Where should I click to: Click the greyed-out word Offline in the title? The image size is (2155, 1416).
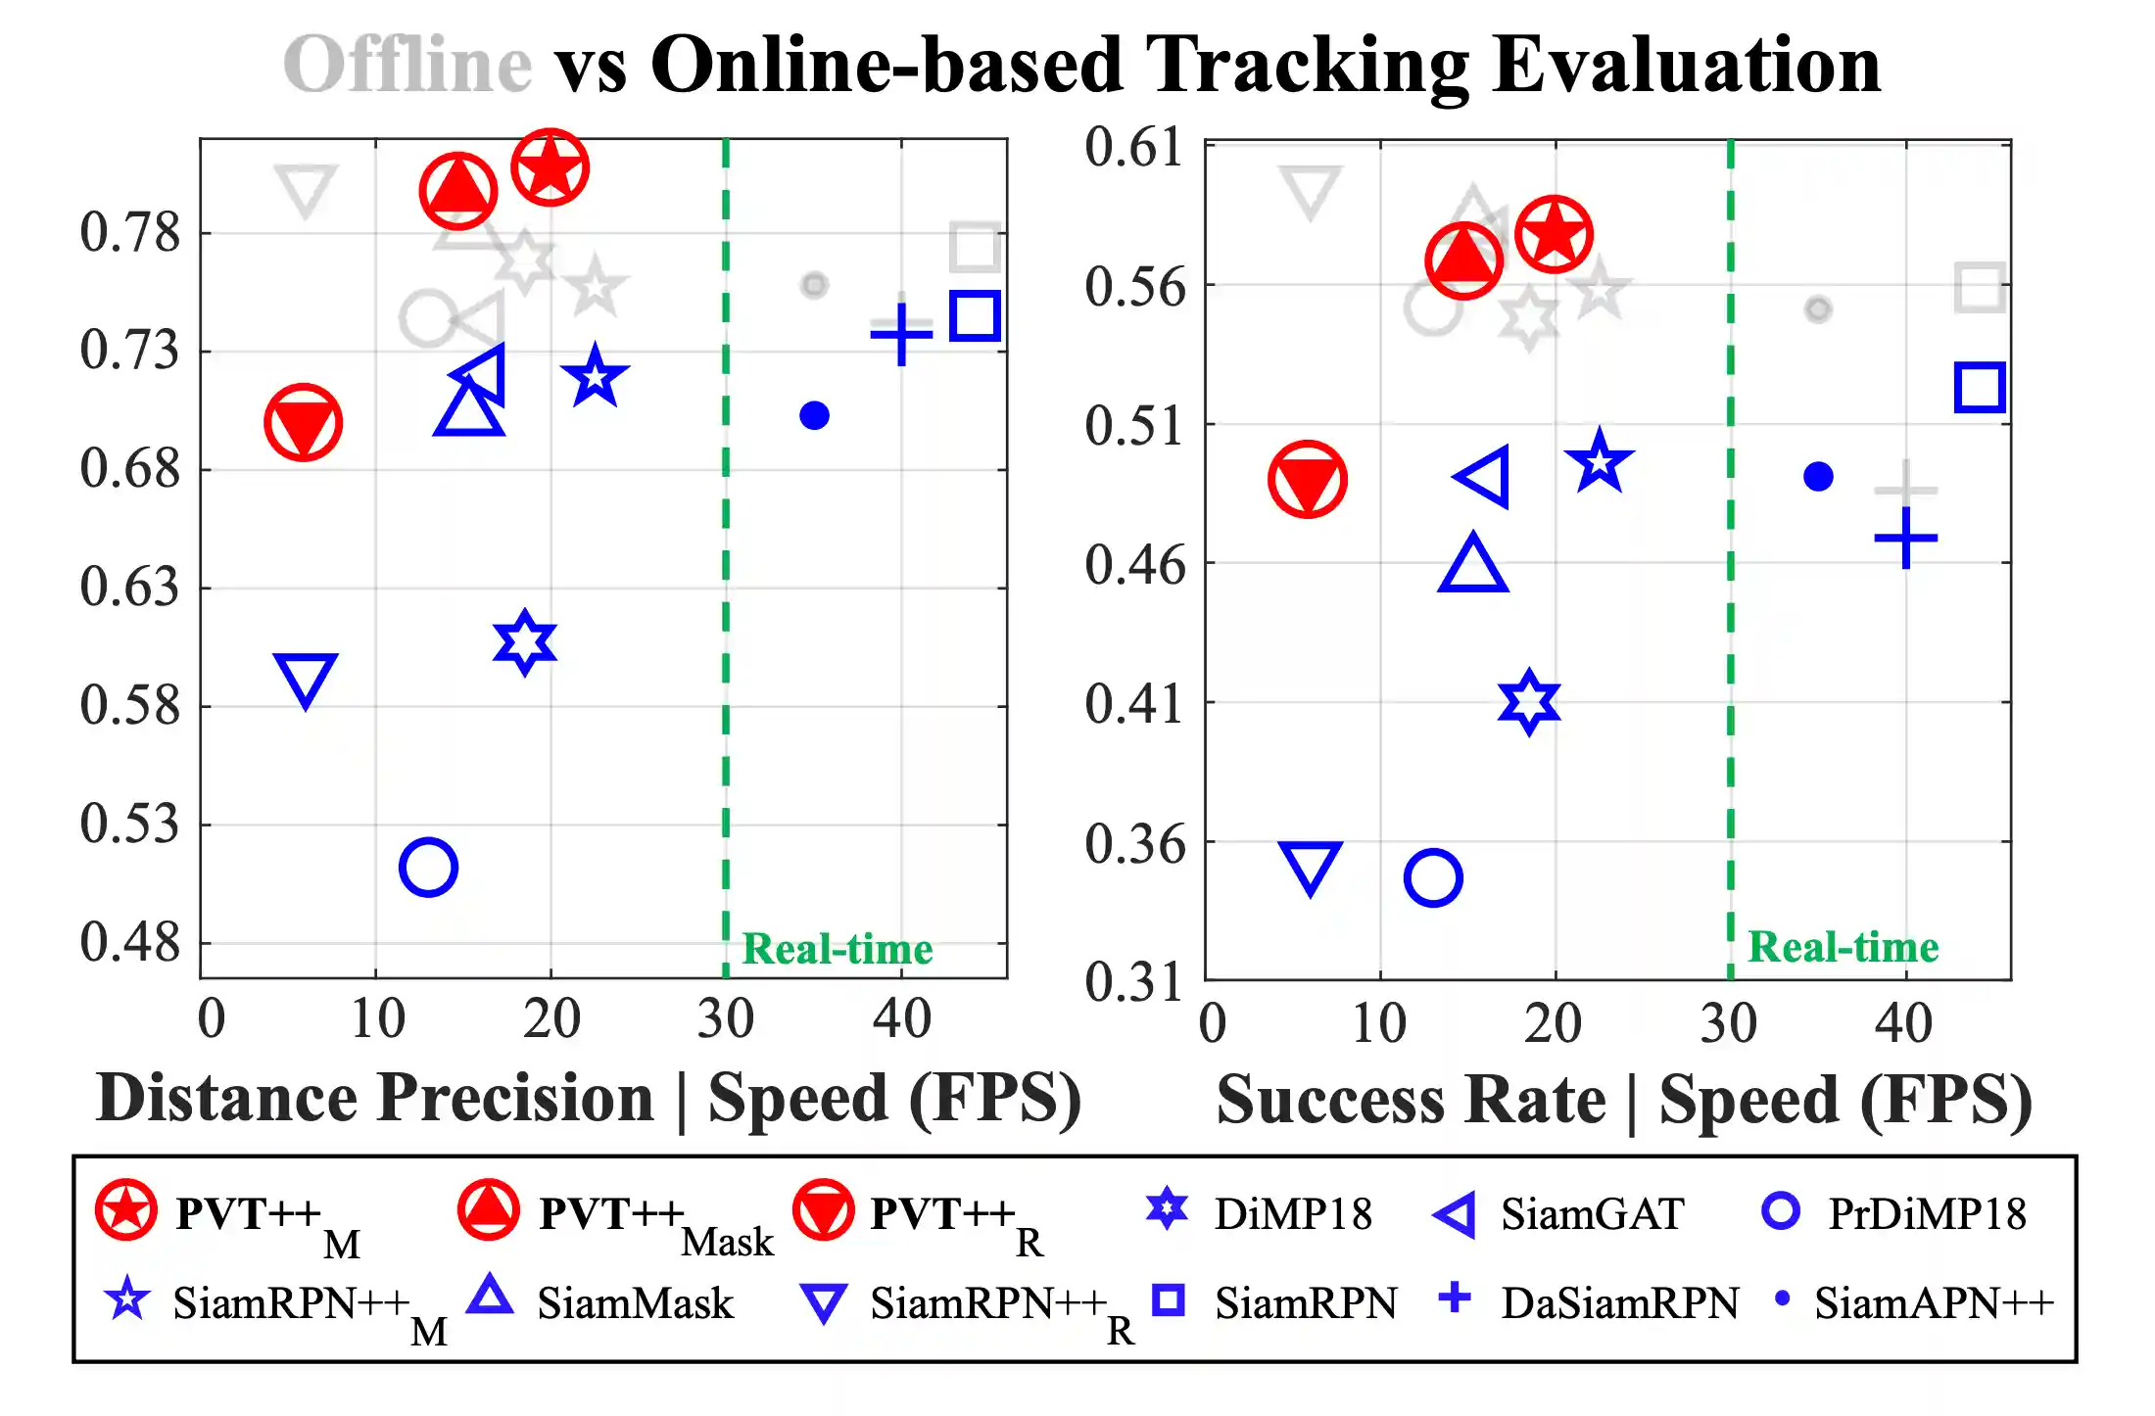[x=407, y=65]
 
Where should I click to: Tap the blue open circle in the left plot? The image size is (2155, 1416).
[x=428, y=867]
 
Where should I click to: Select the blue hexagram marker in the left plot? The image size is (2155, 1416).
[x=525, y=642]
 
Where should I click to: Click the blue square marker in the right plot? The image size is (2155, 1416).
[x=1980, y=387]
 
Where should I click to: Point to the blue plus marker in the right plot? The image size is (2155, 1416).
[x=1905, y=539]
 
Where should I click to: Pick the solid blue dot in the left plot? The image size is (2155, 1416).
[x=814, y=415]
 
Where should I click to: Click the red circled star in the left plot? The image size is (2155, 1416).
[x=550, y=167]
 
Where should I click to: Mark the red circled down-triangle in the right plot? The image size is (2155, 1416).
[x=1308, y=479]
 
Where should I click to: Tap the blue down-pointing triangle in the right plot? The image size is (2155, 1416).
[x=1310, y=866]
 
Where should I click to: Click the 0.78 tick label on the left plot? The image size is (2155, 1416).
[x=130, y=233]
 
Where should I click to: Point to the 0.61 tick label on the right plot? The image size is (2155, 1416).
[x=1134, y=148]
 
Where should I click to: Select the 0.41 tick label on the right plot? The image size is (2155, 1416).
[x=1134, y=704]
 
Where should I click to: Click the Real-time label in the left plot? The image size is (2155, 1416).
[x=838, y=949]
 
